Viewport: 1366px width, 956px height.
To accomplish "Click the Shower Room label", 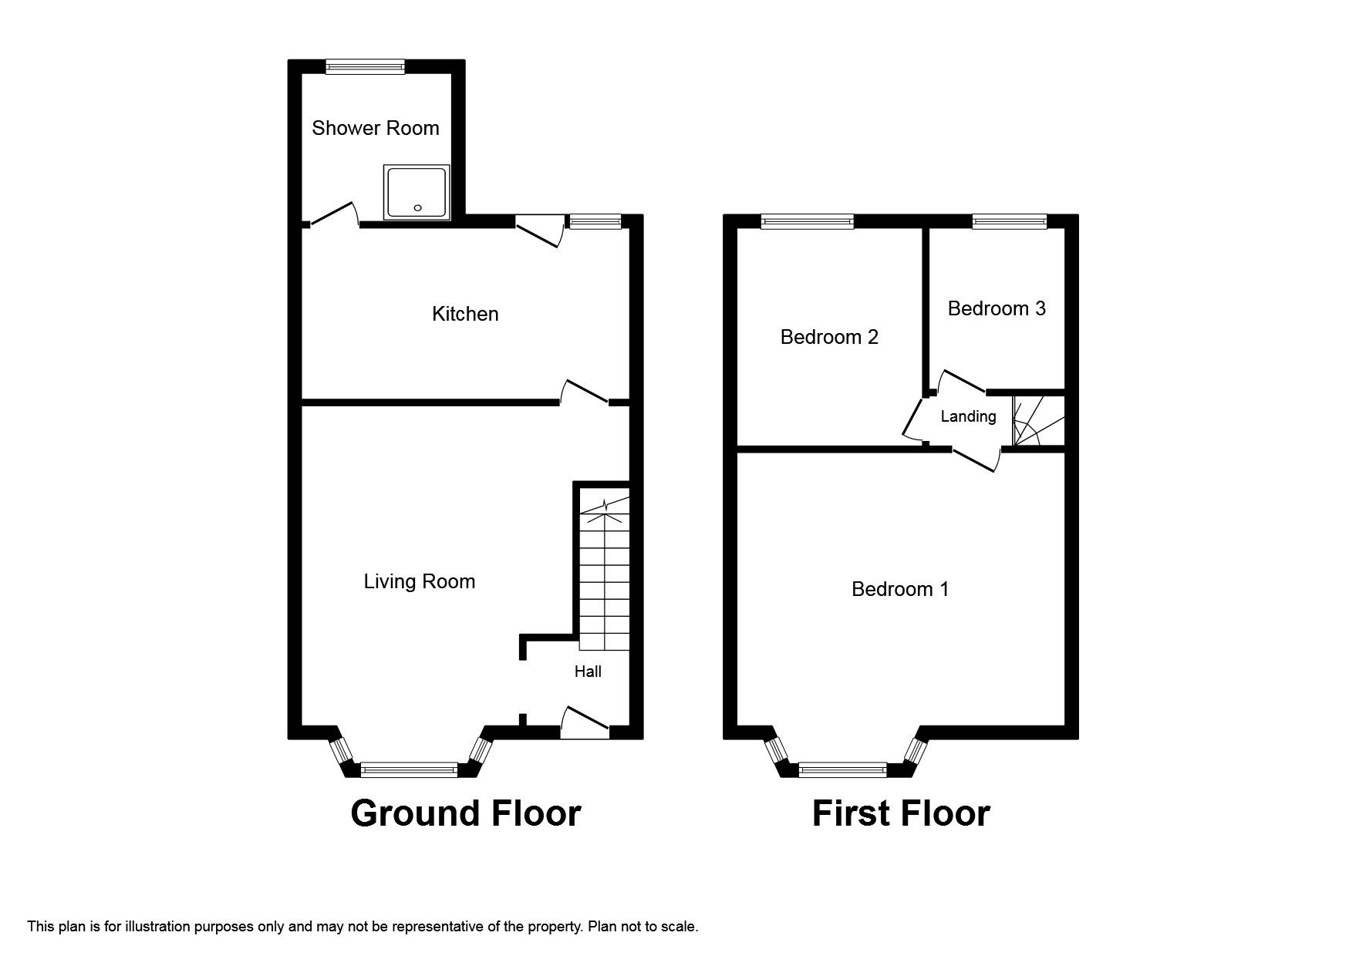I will point(375,128).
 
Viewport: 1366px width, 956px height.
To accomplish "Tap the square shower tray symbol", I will point(416,192).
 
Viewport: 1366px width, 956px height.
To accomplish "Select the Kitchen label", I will point(465,314).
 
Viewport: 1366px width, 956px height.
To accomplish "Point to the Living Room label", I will point(419,581).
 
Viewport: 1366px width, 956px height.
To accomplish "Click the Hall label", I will point(588,672).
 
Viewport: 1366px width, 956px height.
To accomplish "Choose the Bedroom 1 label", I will point(900,589).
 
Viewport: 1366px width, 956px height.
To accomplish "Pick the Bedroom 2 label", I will point(829,337).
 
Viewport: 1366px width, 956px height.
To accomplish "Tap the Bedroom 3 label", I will point(997,308).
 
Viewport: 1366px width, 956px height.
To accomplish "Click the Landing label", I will point(968,416).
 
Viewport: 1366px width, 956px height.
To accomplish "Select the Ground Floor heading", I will point(465,814).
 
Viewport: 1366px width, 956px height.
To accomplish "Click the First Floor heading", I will point(900,814).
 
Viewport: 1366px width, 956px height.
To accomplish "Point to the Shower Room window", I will point(365,67).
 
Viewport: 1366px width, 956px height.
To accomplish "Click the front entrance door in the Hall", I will point(584,723).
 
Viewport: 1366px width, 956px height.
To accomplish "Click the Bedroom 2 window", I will point(807,222).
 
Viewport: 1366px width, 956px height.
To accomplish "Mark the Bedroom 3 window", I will point(1009,222).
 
